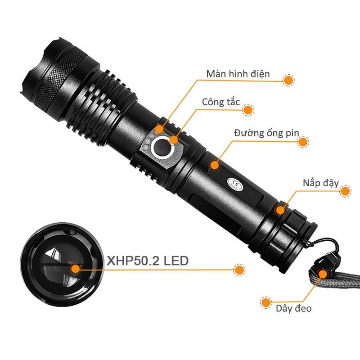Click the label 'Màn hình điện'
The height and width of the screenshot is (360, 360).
(238, 74)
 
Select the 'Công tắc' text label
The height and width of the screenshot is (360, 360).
(221, 102)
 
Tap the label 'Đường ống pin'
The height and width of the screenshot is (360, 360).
(266, 133)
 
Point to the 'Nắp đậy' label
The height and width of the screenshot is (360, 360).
(321, 183)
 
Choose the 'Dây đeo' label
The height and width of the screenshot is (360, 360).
(294, 308)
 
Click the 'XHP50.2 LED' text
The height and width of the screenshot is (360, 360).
(148, 261)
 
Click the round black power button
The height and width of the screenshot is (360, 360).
(162, 147)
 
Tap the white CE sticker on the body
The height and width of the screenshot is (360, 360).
(235, 184)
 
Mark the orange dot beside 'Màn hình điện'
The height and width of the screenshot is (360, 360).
(288, 81)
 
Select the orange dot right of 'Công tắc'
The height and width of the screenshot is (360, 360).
(248, 110)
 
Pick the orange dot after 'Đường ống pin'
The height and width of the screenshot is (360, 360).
(303, 142)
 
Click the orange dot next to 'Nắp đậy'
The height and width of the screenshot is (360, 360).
(345, 191)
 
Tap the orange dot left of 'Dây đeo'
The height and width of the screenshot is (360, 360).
(266, 302)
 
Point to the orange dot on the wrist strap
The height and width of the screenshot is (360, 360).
(323, 274)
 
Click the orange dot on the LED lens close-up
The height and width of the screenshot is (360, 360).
(75, 269)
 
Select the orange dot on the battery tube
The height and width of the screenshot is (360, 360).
(215, 165)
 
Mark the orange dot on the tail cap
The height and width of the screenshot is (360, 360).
(280, 210)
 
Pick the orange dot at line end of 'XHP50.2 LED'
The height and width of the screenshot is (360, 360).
(239, 270)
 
